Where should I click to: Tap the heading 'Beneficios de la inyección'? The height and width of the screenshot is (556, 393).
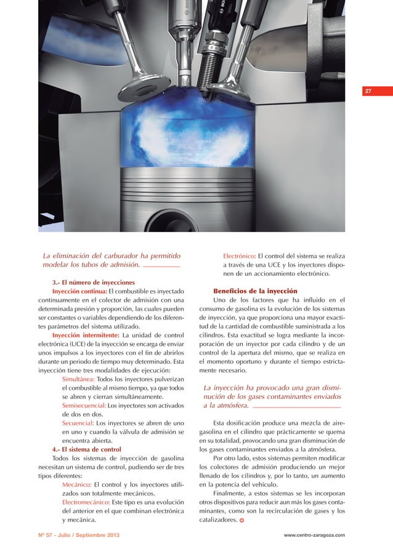[x=255, y=291]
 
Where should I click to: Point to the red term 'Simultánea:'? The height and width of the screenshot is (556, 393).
[x=78, y=380]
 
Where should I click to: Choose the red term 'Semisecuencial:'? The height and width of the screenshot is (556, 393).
[x=84, y=406]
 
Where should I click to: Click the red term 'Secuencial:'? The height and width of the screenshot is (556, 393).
[x=78, y=423]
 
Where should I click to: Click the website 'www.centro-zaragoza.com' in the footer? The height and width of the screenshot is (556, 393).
[x=314, y=534]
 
